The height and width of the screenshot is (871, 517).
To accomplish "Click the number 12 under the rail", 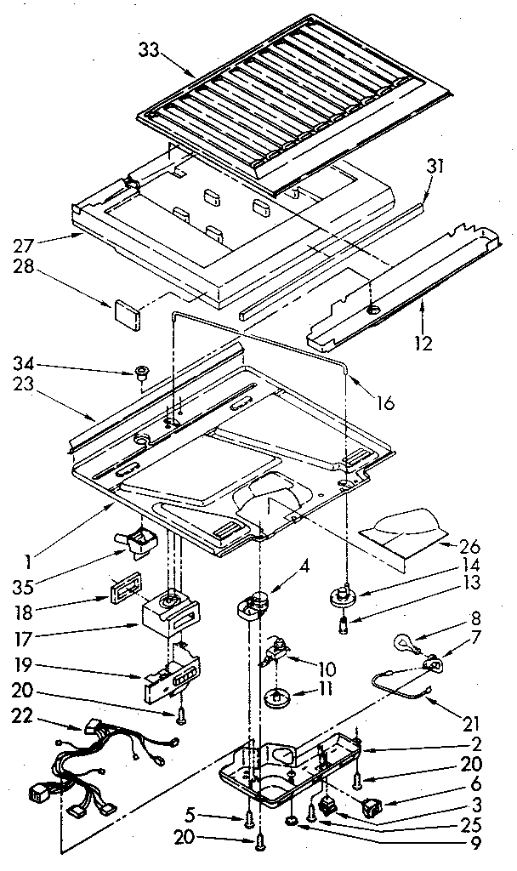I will (423, 344).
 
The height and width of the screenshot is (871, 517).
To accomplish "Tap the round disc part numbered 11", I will (275, 697).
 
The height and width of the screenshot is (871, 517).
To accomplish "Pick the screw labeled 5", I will (249, 819).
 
